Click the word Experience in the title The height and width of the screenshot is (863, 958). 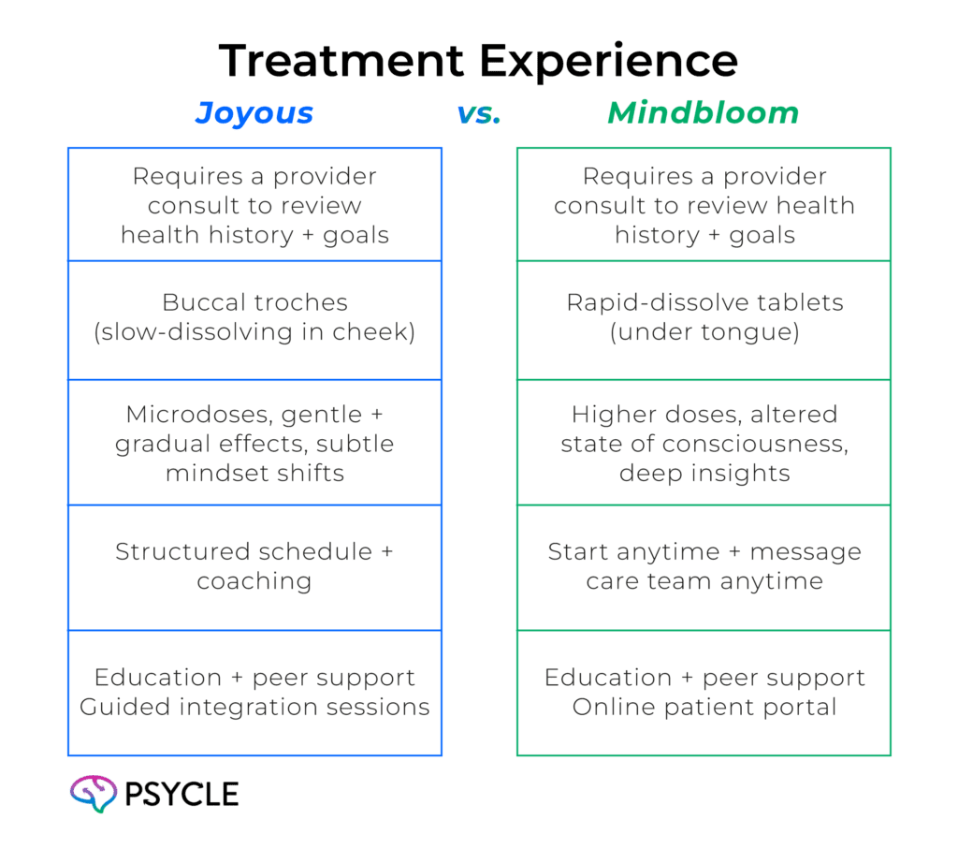(607, 62)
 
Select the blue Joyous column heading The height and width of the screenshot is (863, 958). (254, 114)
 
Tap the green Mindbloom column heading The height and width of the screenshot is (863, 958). (704, 114)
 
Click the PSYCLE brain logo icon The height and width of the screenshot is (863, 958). (93, 794)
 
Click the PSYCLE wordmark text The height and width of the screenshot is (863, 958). (181, 795)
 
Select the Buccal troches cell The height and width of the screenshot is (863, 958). (254, 317)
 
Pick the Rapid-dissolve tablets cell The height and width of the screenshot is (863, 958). (704, 317)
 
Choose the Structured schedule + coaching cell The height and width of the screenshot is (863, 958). (254, 566)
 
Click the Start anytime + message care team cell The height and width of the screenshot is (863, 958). (704, 566)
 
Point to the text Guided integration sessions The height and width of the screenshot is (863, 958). (254, 707)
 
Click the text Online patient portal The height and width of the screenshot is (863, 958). (704, 707)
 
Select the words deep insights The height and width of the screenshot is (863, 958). (704, 473)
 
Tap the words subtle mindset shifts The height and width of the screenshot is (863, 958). (254, 459)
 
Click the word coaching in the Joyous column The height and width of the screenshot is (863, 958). (254, 581)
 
